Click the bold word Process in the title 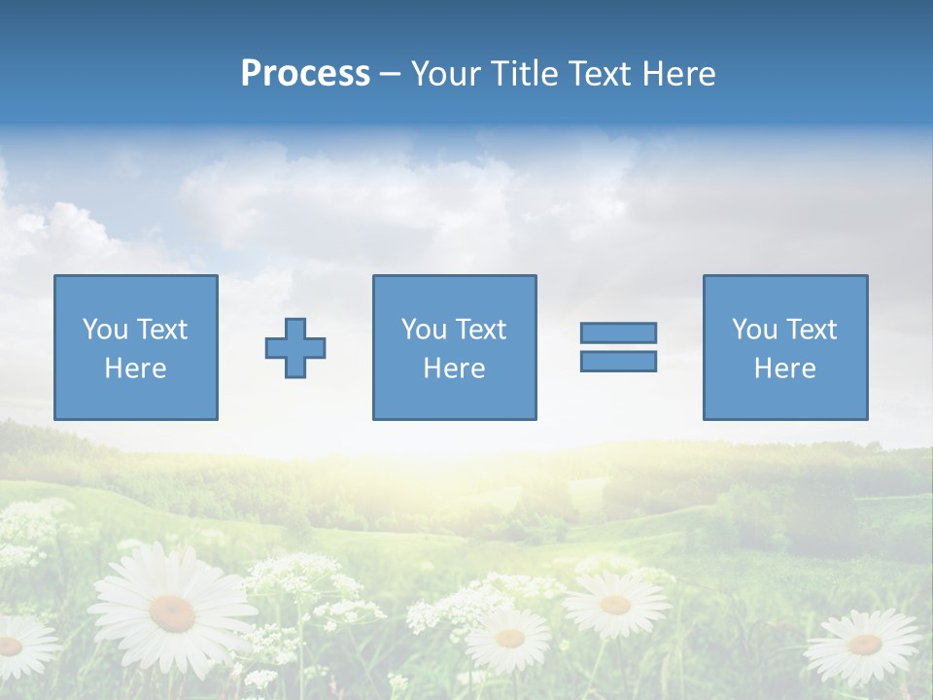tap(305, 74)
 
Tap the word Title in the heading tap(526, 74)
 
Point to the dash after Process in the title tap(390, 75)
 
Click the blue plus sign tap(295, 348)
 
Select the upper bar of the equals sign tap(618, 332)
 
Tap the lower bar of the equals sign tap(618, 361)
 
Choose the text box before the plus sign tap(136, 348)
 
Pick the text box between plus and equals tap(454, 348)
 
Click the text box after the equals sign tap(784, 348)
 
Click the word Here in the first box tap(136, 368)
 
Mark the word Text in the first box tap(161, 330)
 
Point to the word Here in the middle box tap(454, 368)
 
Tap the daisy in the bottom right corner tap(864, 645)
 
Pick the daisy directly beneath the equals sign tap(615, 604)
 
